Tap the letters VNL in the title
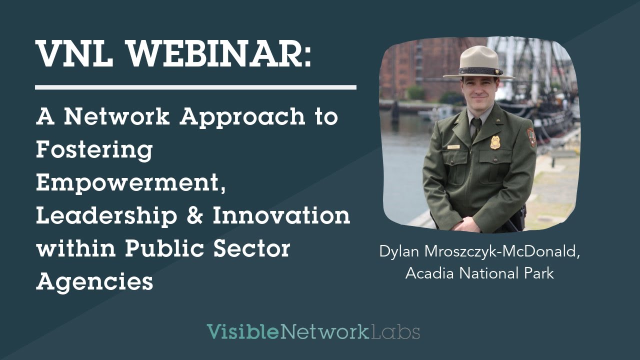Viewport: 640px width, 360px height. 70,53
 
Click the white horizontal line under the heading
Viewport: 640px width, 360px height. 195,87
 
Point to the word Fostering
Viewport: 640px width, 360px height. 94,150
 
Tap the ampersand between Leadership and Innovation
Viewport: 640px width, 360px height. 195,216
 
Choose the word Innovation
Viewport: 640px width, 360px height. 281,216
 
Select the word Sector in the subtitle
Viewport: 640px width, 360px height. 256,249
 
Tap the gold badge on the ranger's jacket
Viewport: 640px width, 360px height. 495,142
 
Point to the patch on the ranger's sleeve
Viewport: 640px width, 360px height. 531,136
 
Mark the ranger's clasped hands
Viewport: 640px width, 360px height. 465,223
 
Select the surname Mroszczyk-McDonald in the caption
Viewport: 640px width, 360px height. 499,252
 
